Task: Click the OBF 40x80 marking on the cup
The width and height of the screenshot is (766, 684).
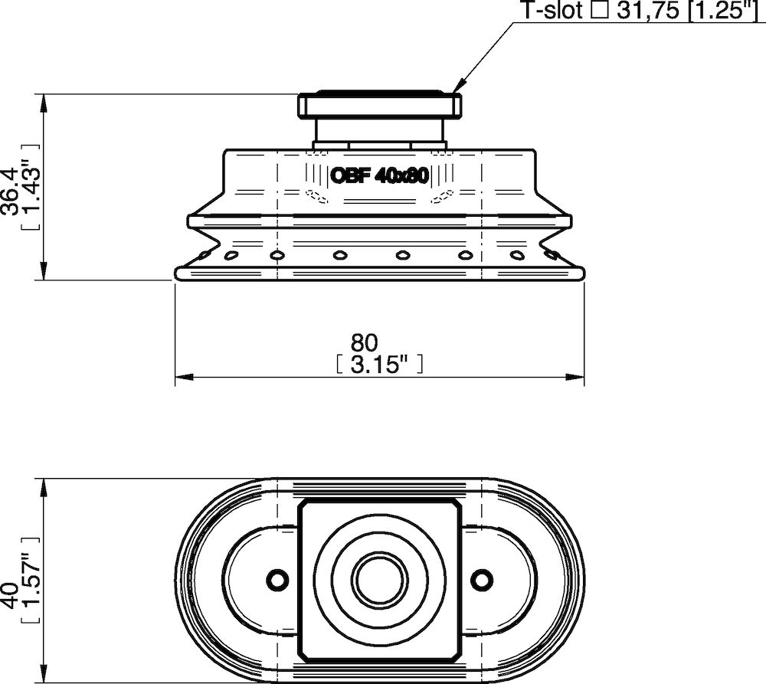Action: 378,175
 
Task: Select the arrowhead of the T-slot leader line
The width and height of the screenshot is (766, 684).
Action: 458,90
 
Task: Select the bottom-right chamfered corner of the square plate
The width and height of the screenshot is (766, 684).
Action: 456,656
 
